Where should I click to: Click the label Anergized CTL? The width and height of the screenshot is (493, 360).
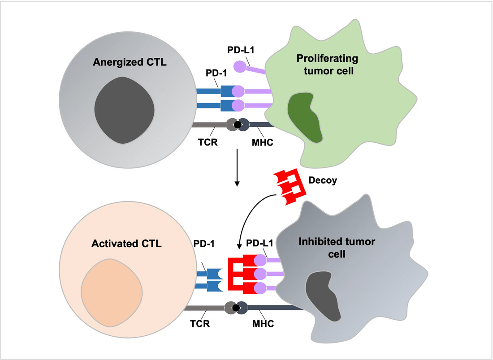130,62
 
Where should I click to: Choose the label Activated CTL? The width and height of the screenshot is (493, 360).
126,244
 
